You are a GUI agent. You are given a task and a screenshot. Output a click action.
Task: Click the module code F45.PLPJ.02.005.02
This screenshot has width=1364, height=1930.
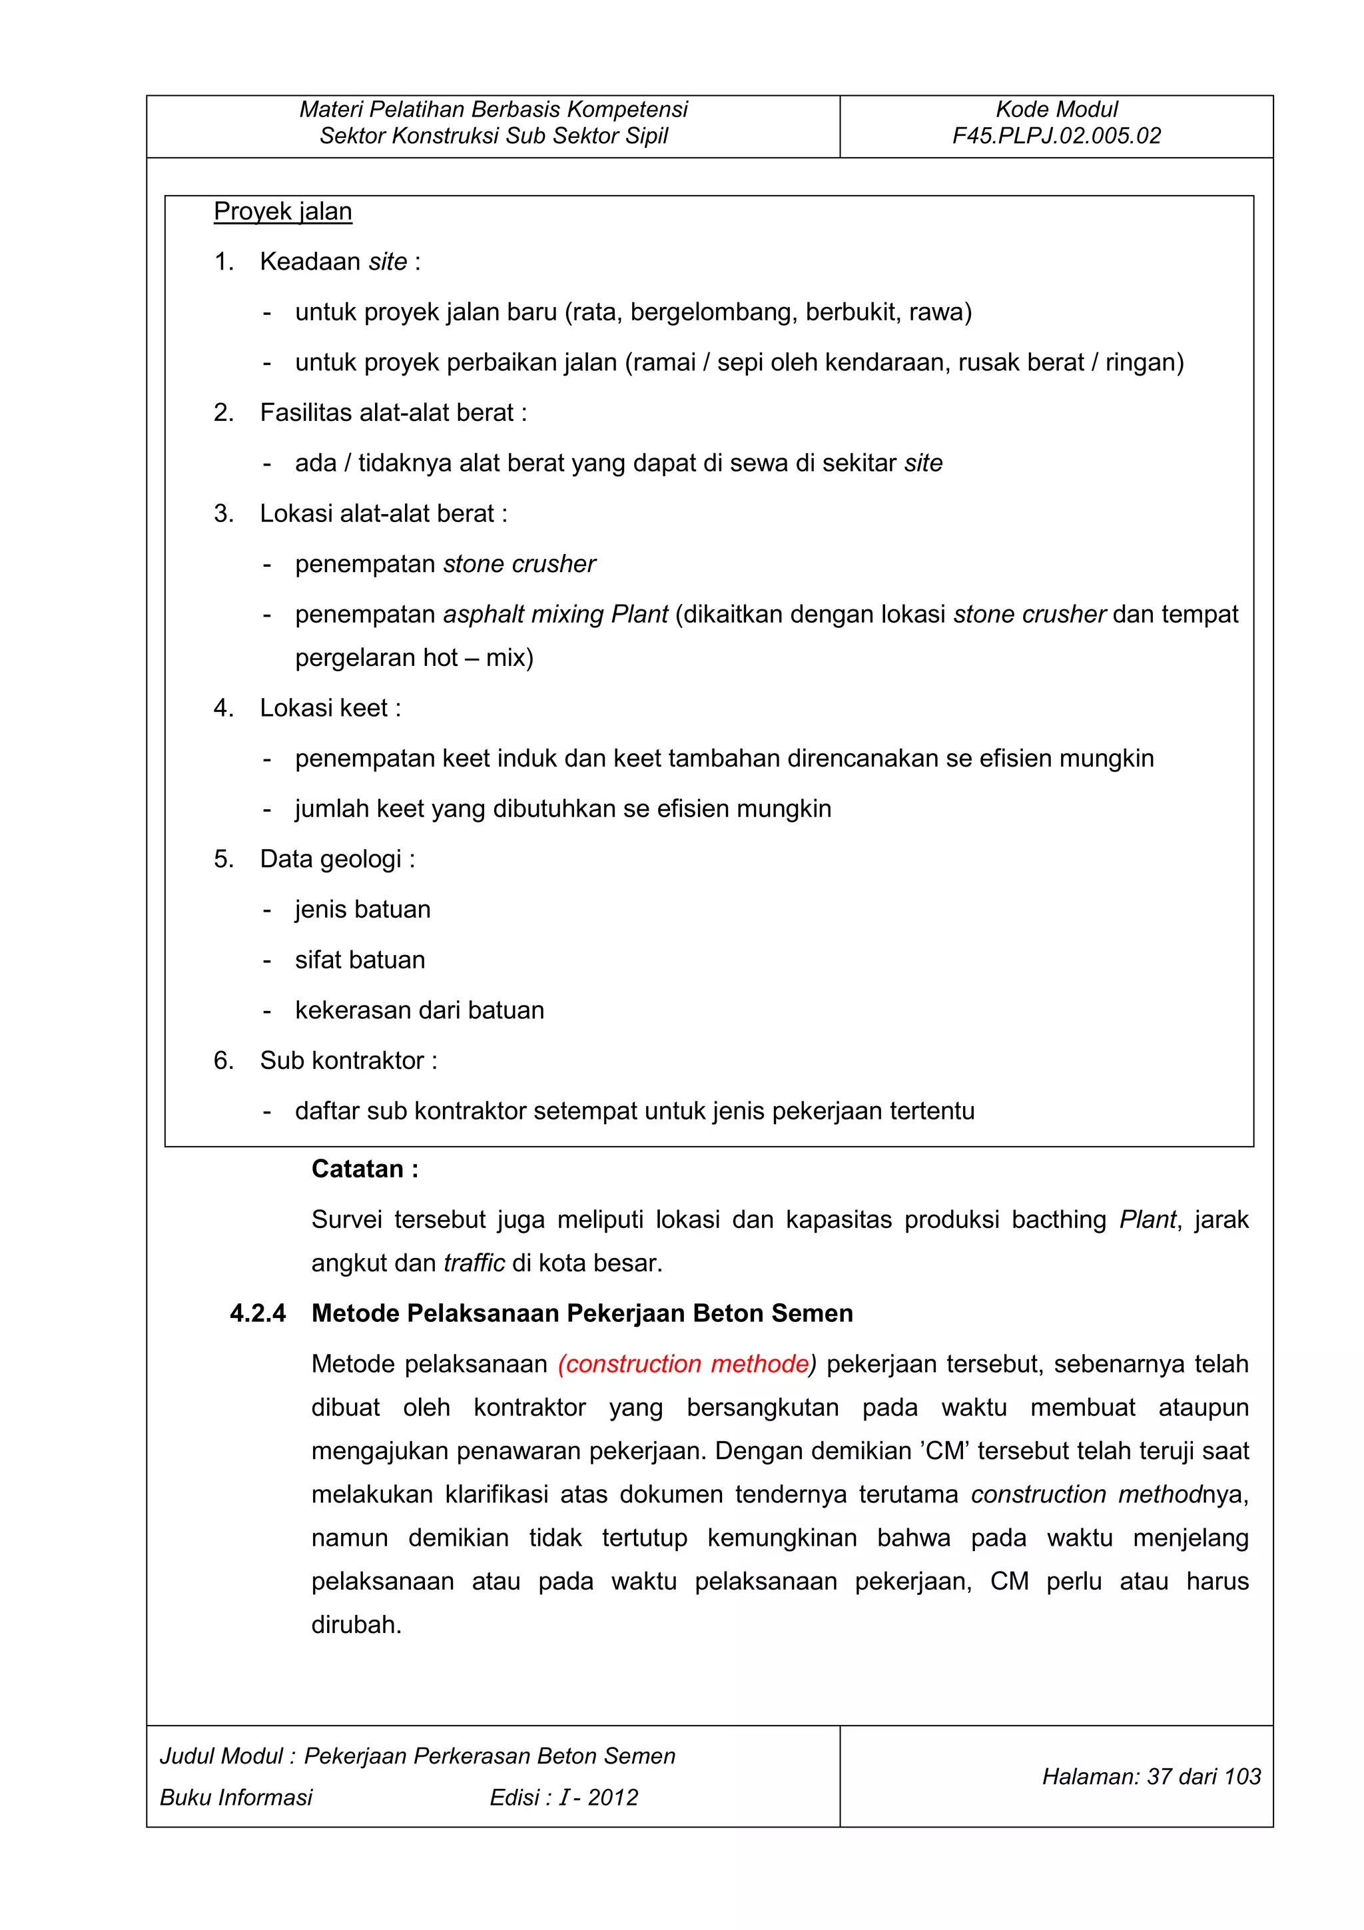click(x=1056, y=136)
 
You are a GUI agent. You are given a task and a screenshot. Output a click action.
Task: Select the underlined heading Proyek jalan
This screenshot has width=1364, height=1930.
click(x=282, y=211)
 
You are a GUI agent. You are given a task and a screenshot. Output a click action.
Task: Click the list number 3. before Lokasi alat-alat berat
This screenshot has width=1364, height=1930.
click(x=224, y=513)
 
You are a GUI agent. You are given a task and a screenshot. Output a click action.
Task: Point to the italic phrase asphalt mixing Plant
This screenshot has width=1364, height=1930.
click(x=555, y=615)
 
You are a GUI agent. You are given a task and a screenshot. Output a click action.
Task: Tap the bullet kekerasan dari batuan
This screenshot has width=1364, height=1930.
click(x=420, y=1010)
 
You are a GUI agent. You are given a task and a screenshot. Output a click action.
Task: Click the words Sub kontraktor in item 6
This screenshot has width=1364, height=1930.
click(x=341, y=1061)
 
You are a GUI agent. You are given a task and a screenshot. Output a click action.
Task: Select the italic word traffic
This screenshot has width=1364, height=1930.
click(x=474, y=1263)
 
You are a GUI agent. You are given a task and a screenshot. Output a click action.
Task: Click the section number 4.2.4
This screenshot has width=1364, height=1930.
click(x=258, y=1314)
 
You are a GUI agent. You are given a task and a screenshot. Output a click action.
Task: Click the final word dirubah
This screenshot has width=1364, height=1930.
click(x=356, y=1625)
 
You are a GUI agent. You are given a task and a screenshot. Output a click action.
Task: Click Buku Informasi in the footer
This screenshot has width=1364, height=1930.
click(x=236, y=1797)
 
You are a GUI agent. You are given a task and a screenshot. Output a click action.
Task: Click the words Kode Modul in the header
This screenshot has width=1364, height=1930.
click(x=1056, y=109)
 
